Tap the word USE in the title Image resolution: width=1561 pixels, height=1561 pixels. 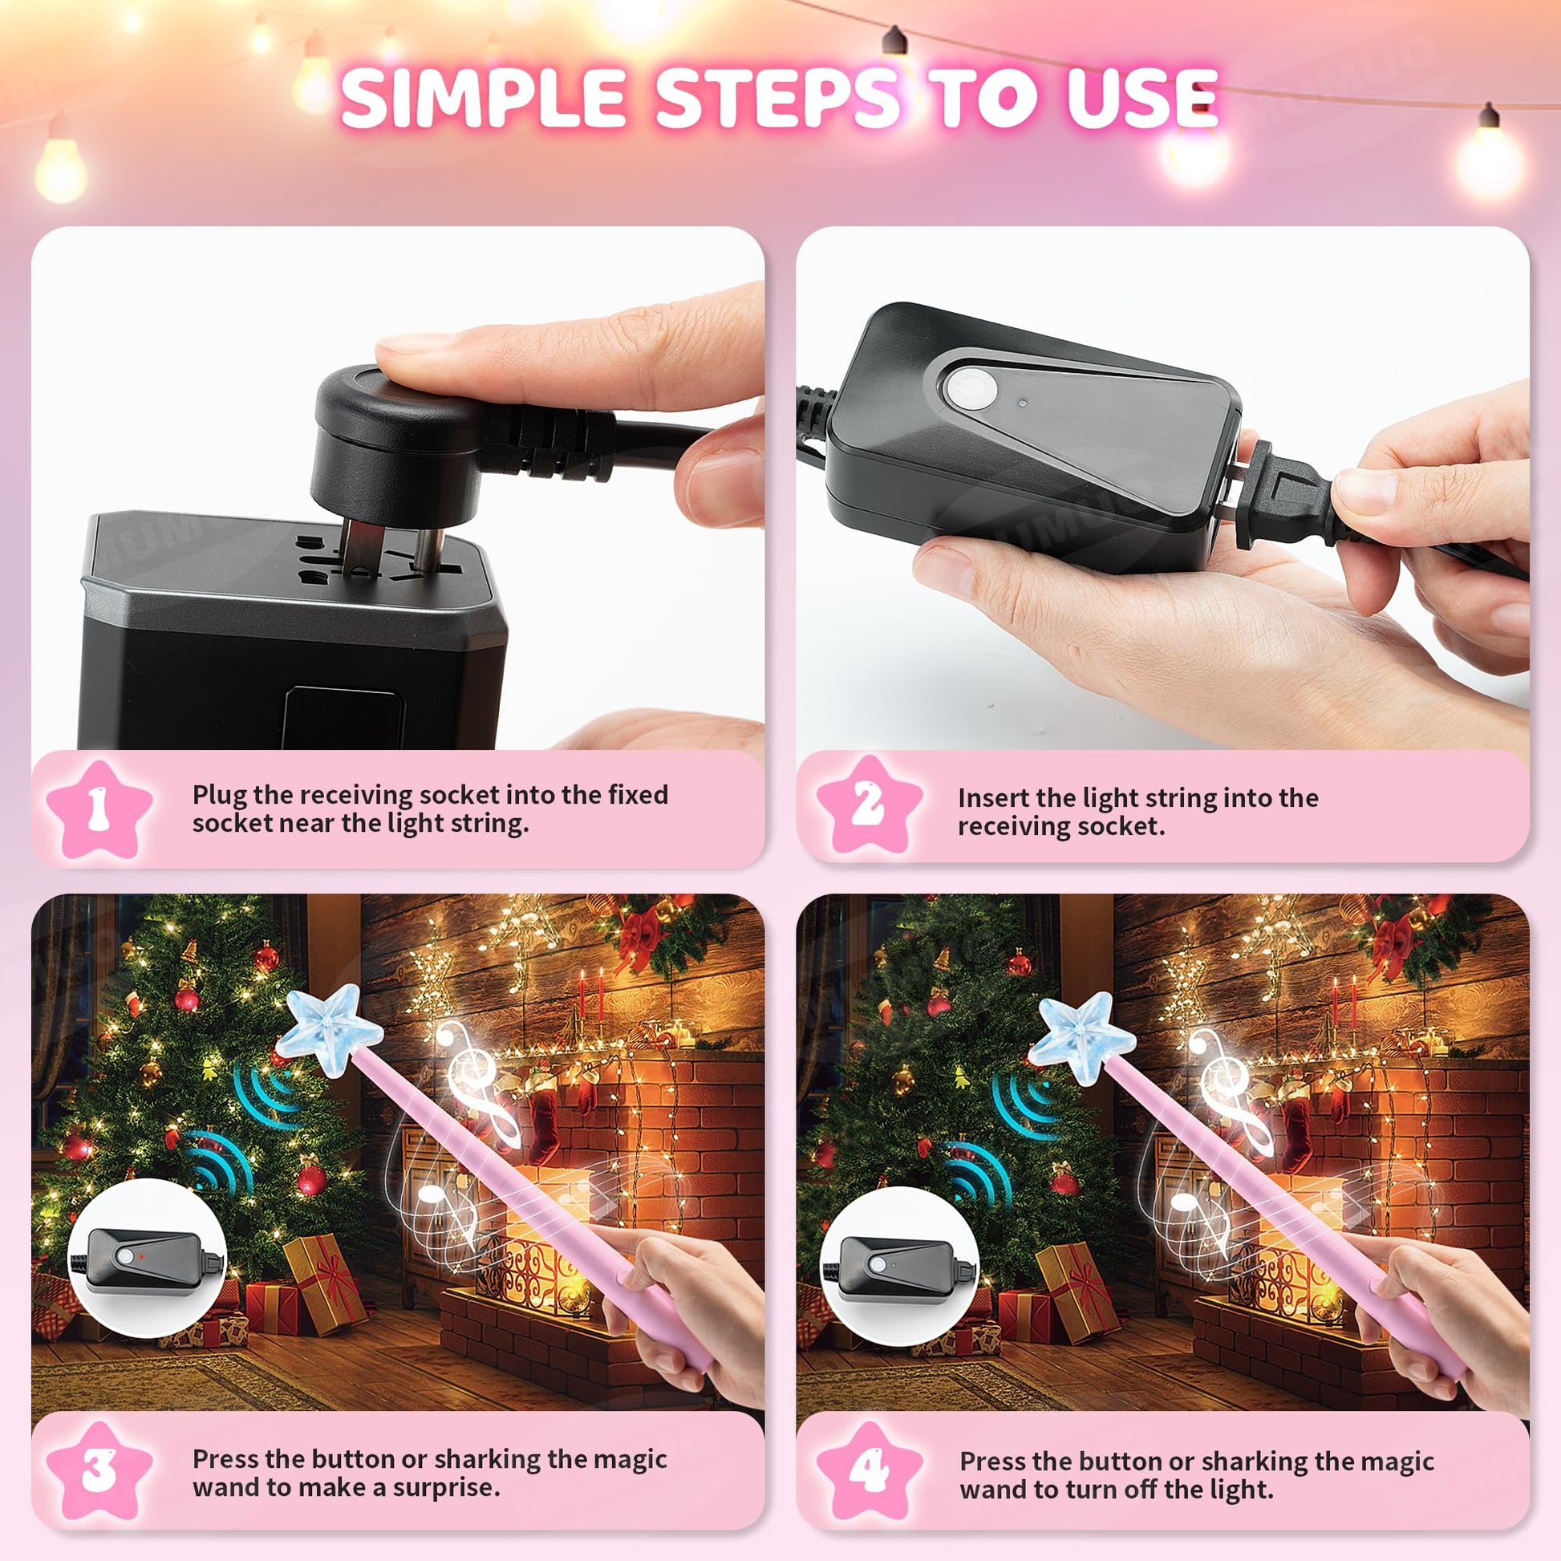point(1137,97)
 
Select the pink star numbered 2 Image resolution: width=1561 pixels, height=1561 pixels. point(869,805)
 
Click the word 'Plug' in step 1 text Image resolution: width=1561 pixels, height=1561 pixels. point(219,796)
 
